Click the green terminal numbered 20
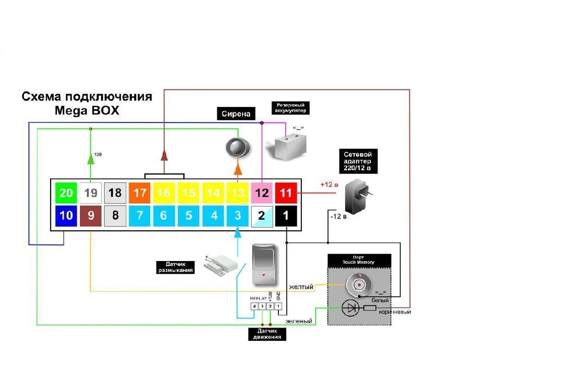(66, 193)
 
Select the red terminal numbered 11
(286, 193)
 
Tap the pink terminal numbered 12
(262, 193)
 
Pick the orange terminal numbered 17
(140, 193)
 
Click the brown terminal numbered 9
(91, 215)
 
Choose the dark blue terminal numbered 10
(66, 215)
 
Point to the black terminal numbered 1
(286, 215)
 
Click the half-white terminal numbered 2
(262, 215)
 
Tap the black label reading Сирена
(236, 114)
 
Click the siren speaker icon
(237, 148)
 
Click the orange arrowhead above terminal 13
(237, 170)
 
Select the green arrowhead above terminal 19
(90, 159)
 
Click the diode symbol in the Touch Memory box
(352, 308)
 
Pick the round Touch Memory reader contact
(358, 284)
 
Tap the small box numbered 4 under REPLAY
(254, 306)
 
